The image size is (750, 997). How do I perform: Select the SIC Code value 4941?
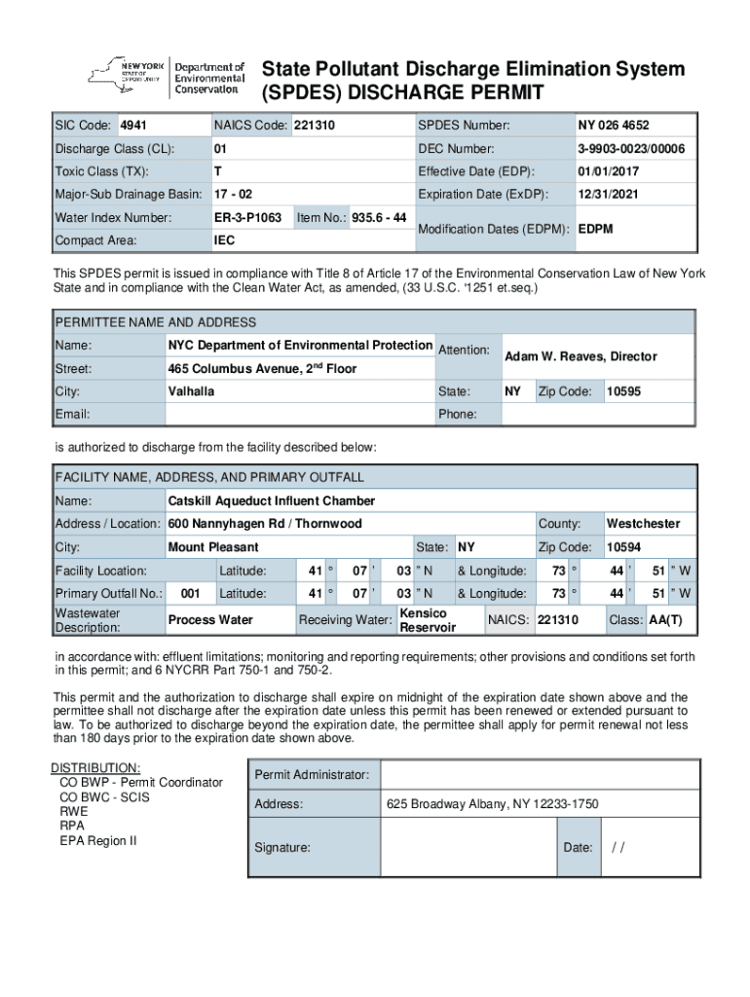(133, 126)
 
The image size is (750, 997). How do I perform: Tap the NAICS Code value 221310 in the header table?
(314, 126)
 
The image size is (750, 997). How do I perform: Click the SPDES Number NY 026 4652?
(614, 126)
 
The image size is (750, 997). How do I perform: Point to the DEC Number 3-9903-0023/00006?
(631, 149)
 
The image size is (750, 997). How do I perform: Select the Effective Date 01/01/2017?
(607, 171)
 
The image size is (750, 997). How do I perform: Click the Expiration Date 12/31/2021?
(607, 195)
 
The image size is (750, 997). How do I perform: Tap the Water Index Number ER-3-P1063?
(248, 217)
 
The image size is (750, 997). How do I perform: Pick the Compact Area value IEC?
(224, 240)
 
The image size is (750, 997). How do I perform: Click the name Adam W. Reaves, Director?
(581, 357)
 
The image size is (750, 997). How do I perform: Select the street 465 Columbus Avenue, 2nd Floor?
(262, 369)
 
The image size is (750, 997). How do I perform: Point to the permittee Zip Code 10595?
(623, 391)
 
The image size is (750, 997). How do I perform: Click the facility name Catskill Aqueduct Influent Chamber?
(272, 500)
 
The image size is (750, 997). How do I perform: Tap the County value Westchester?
(643, 524)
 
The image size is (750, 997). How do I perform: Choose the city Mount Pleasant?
(213, 547)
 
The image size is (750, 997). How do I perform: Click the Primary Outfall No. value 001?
(191, 593)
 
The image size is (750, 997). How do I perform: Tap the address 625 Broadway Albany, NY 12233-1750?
(492, 804)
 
